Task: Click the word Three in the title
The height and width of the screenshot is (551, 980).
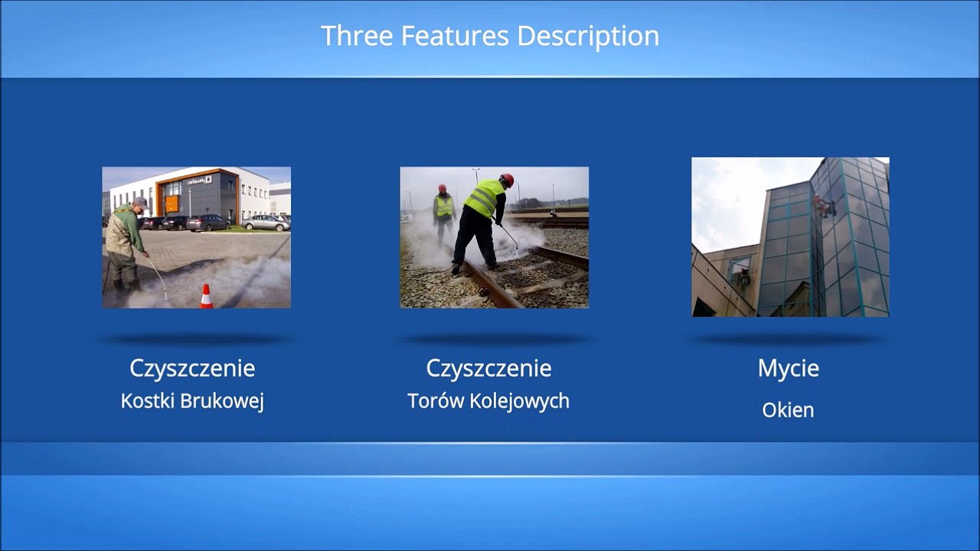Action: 357,35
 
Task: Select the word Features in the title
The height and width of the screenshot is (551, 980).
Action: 455,35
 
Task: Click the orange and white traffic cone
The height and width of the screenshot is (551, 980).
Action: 207,296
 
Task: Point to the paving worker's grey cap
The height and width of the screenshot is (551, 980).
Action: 142,202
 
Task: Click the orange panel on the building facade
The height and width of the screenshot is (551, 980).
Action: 172,204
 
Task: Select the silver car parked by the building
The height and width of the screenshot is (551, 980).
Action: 266,223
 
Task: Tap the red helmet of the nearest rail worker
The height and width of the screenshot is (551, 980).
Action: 507,180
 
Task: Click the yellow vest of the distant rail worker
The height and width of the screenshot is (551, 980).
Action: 443,206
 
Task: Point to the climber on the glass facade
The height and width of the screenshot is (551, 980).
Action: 823,206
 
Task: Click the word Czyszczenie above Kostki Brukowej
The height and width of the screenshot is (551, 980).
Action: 192,369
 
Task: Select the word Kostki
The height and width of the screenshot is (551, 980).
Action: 148,401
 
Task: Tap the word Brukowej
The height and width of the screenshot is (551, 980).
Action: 222,402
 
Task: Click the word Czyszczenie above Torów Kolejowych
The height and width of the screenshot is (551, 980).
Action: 488,369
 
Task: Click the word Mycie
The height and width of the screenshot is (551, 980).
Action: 789,369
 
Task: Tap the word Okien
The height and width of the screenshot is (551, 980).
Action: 788,410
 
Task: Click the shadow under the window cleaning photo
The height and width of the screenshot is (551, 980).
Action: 789,339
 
